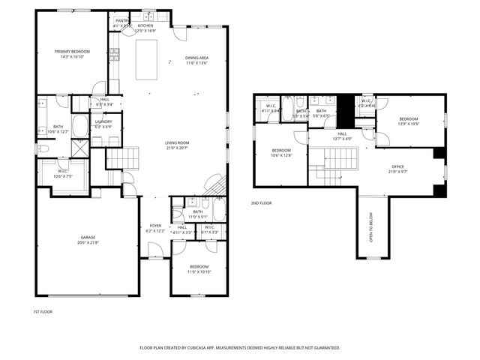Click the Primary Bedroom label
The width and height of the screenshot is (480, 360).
(72, 52)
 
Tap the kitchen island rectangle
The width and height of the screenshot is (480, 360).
(147, 59)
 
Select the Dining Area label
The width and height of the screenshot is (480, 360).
(196, 58)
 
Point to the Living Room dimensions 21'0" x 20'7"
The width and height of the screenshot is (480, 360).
(178, 148)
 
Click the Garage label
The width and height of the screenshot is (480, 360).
(88, 237)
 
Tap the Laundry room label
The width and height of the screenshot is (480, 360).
(103, 121)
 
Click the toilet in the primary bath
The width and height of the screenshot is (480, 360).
(43, 149)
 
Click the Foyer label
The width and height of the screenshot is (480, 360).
(155, 225)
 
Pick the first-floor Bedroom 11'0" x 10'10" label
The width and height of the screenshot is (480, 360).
(199, 266)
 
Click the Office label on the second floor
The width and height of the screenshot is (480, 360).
(397, 166)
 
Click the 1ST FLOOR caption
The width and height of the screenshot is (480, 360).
(43, 311)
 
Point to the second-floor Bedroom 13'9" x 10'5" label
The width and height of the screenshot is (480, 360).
(408, 119)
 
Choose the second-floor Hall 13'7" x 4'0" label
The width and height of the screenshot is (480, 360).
(341, 134)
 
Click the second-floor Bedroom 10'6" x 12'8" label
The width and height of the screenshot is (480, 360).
(281, 151)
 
